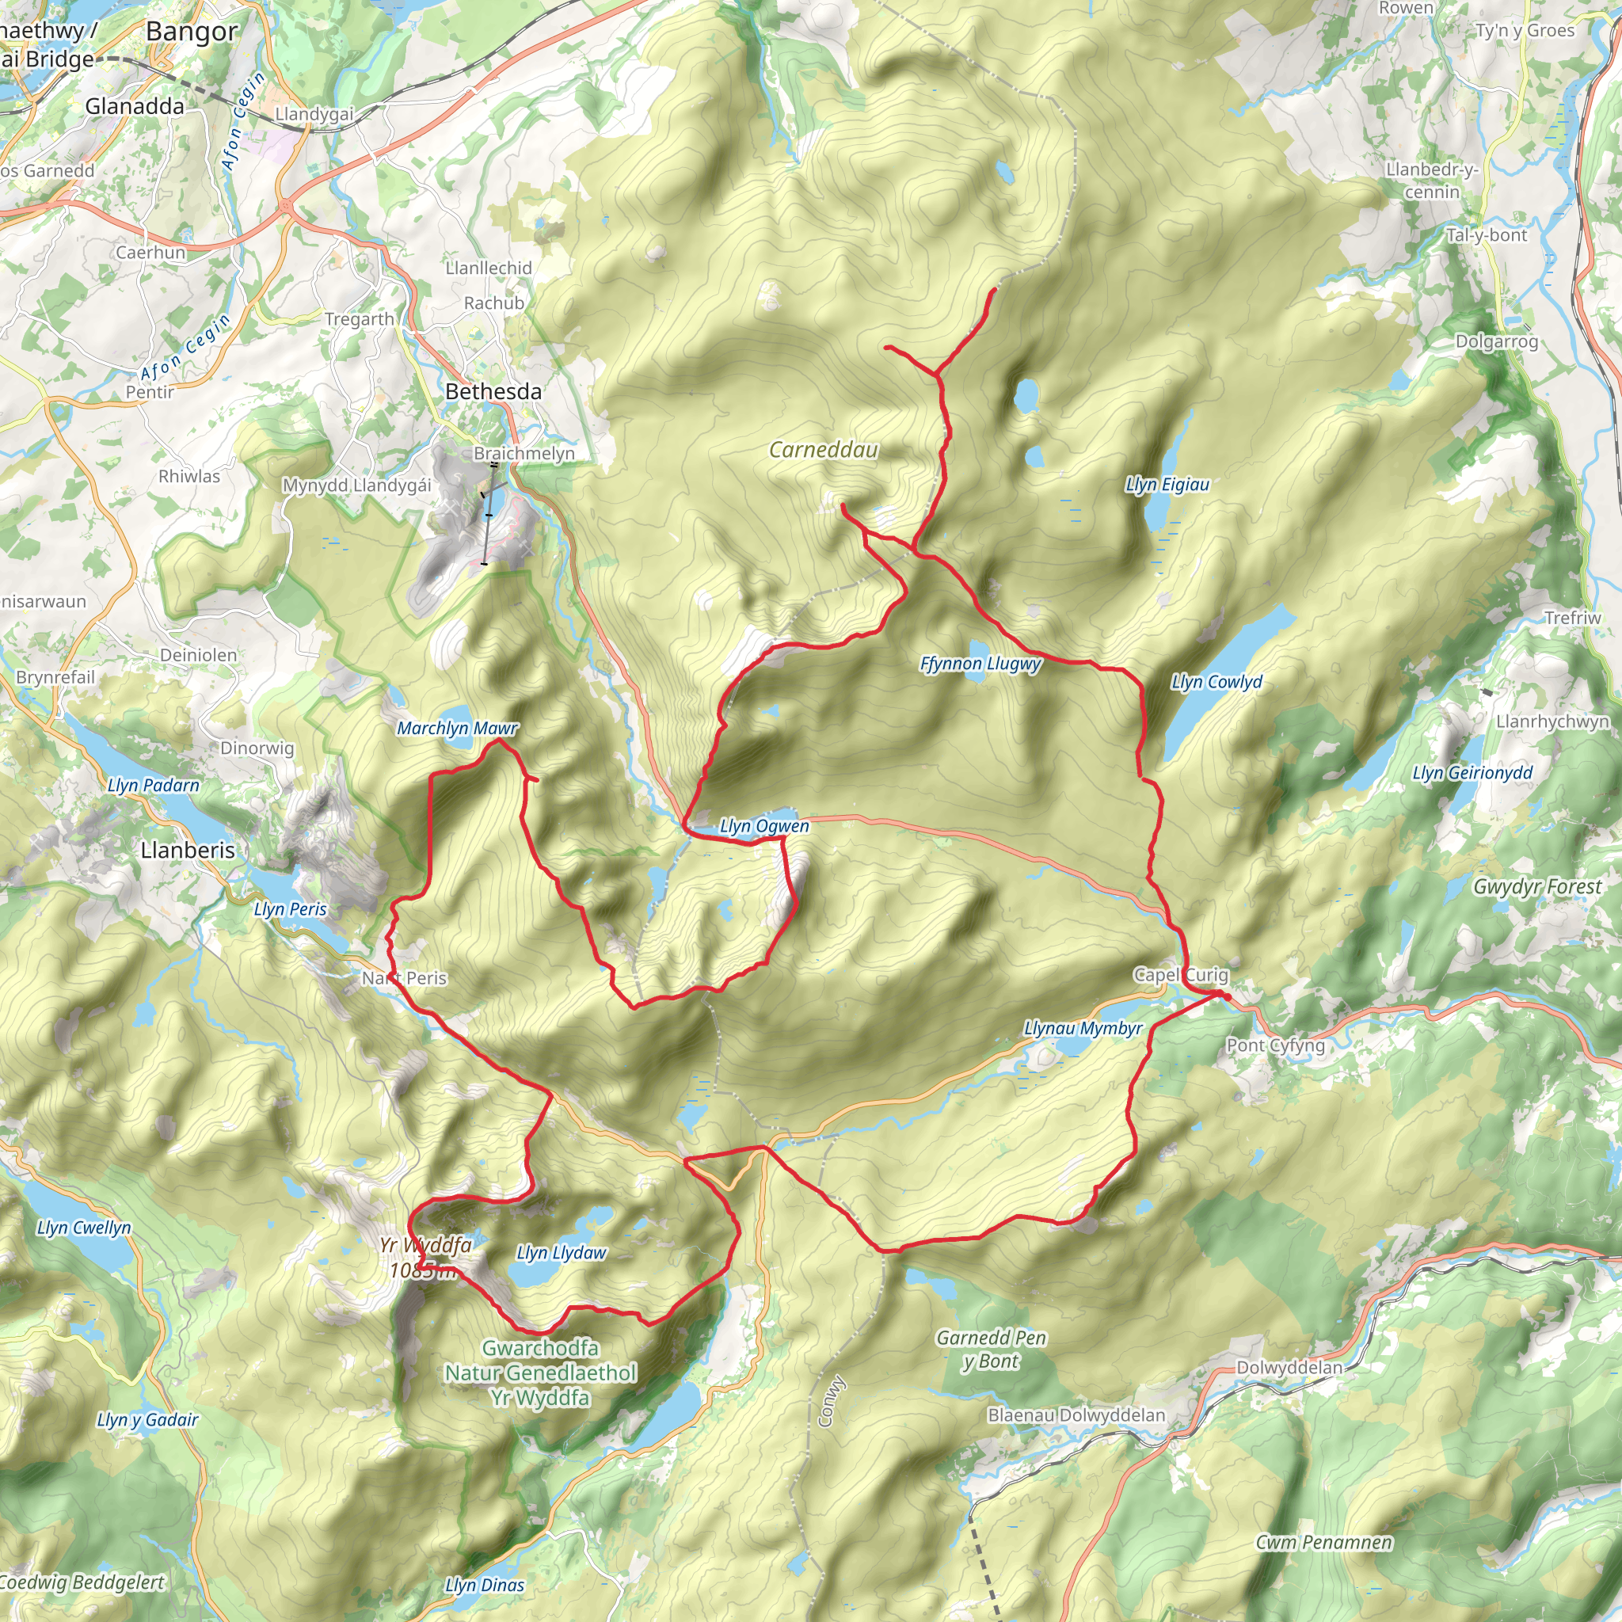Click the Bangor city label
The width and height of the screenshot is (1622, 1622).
point(192,32)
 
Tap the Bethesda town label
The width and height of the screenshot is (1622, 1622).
point(493,391)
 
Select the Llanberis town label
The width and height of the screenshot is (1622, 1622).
point(188,851)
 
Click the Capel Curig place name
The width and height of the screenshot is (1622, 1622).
point(1180,975)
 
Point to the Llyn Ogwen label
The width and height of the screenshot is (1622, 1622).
point(764,826)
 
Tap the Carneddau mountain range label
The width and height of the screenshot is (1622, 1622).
point(824,450)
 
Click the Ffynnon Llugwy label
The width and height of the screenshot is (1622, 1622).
point(980,664)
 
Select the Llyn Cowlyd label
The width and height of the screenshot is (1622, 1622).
point(1216,682)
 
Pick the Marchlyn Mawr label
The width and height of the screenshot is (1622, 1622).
point(458,728)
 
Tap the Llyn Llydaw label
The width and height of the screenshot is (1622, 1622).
point(561,1253)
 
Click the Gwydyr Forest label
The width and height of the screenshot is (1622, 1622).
point(1537,886)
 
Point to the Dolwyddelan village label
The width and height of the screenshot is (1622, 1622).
point(1289,1368)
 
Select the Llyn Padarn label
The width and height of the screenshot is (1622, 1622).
point(154,785)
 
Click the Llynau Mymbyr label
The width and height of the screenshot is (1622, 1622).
point(1083,1029)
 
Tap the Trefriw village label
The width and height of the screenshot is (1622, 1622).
point(1572,618)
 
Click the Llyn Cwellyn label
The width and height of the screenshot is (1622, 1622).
point(84,1228)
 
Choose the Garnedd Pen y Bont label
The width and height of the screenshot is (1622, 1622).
point(992,1349)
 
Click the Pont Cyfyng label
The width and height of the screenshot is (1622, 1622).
point(1275,1045)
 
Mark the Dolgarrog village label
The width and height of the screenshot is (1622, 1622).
point(1497,341)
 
